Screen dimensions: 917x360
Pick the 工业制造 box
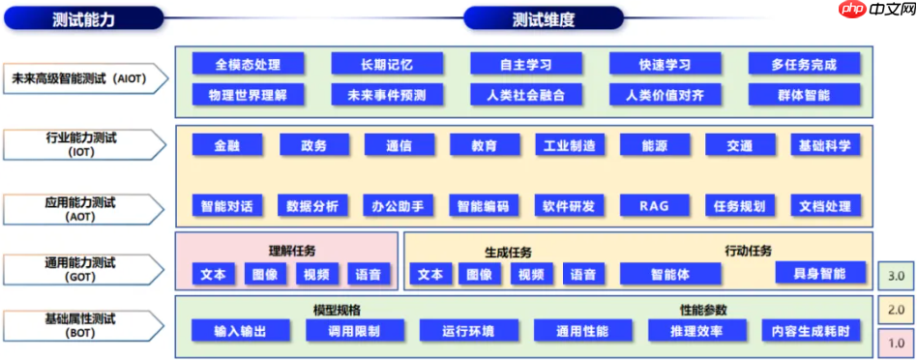click(x=570, y=145)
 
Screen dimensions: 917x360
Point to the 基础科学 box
click(x=825, y=145)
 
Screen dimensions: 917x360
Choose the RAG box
click(x=655, y=205)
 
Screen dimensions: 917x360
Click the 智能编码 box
click(x=483, y=205)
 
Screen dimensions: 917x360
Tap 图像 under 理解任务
click(x=265, y=274)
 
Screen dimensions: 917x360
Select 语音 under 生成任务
click(x=582, y=274)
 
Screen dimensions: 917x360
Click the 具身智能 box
click(x=821, y=272)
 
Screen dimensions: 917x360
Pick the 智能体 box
click(x=670, y=274)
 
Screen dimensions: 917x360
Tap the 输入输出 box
click(x=240, y=331)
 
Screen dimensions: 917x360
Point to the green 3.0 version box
click(x=896, y=276)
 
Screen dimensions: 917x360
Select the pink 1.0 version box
click(x=896, y=343)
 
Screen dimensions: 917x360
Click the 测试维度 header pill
click(x=543, y=18)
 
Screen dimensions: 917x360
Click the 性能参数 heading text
click(x=703, y=310)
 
